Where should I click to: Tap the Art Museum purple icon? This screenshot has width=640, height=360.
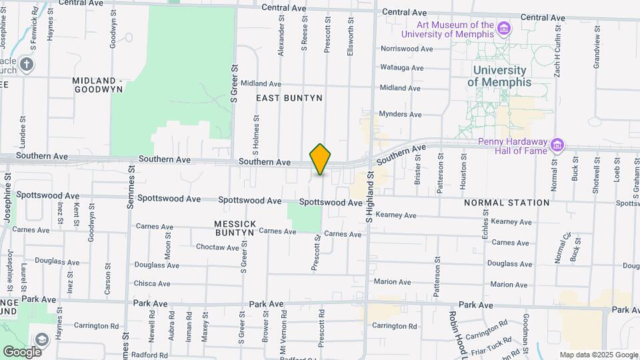click(x=505, y=29)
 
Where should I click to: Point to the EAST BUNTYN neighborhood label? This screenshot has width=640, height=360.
click(x=289, y=98)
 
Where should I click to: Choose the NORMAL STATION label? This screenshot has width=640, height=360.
click(x=507, y=202)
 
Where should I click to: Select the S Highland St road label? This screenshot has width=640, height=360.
click(x=367, y=197)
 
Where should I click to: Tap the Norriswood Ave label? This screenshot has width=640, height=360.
click(x=407, y=49)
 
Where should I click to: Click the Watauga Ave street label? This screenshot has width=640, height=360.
click(x=401, y=68)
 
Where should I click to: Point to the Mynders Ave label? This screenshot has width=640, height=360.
click(x=400, y=115)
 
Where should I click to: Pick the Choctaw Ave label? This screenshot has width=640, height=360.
click(x=217, y=247)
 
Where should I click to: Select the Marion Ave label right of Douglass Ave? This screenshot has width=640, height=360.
click(x=509, y=285)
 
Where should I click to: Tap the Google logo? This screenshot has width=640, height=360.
click(x=22, y=351)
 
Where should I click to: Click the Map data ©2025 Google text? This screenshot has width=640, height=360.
click(x=598, y=355)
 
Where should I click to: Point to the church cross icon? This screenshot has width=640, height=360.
click(x=26, y=65)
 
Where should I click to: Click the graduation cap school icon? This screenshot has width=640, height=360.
click(x=42, y=340)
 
